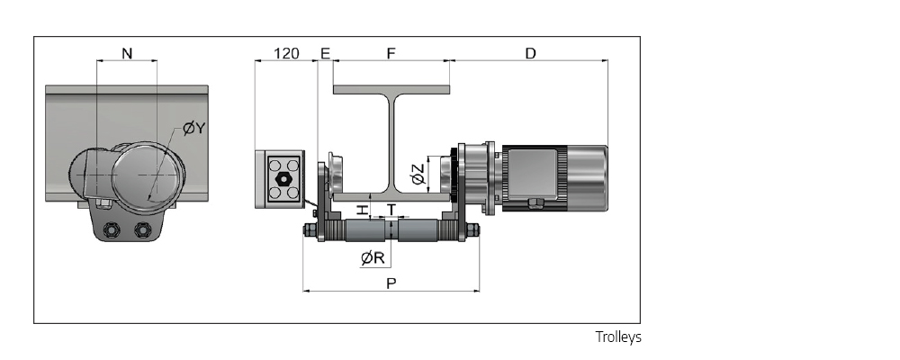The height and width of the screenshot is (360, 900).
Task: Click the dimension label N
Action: click(x=127, y=54)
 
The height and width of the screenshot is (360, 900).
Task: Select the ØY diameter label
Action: click(x=193, y=129)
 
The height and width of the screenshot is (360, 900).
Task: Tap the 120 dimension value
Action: click(x=285, y=54)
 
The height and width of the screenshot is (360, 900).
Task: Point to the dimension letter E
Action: click(x=325, y=54)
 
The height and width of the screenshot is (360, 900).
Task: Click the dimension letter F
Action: click(x=391, y=54)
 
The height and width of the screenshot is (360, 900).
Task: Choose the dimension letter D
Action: click(x=530, y=54)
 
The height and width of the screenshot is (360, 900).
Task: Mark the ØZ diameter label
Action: click(x=418, y=174)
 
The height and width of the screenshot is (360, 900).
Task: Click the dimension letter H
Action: click(x=362, y=210)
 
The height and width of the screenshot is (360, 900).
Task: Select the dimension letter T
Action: click(x=391, y=209)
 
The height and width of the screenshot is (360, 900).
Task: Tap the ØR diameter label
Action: click(x=373, y=257)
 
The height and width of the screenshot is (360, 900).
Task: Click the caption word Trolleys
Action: click(x=618, y=337)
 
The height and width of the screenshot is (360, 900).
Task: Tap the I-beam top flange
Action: click(x=391, y=89)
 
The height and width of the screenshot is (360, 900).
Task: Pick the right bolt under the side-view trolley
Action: click(x=140, y=229)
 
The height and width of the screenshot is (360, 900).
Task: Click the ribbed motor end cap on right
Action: click(x=585, y=179)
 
